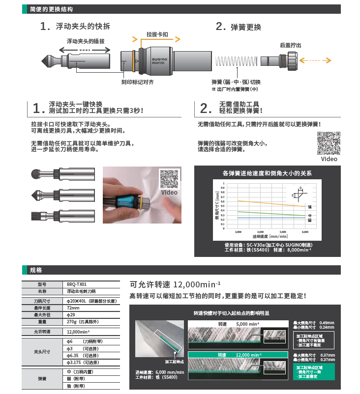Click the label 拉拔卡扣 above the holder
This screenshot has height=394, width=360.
(x=157, y=35)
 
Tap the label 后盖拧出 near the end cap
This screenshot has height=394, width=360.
(x=290, y=45)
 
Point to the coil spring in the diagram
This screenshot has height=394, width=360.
(x=235, y=61)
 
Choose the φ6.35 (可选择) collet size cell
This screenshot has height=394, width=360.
(x=83, y=355)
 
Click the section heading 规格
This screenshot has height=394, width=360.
(x=36, y=270)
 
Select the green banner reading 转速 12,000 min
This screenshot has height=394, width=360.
(x=238, y=354)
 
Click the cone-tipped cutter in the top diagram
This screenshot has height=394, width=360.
(x=49, y=61)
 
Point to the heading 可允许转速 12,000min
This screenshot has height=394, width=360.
(x=175, y=284)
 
